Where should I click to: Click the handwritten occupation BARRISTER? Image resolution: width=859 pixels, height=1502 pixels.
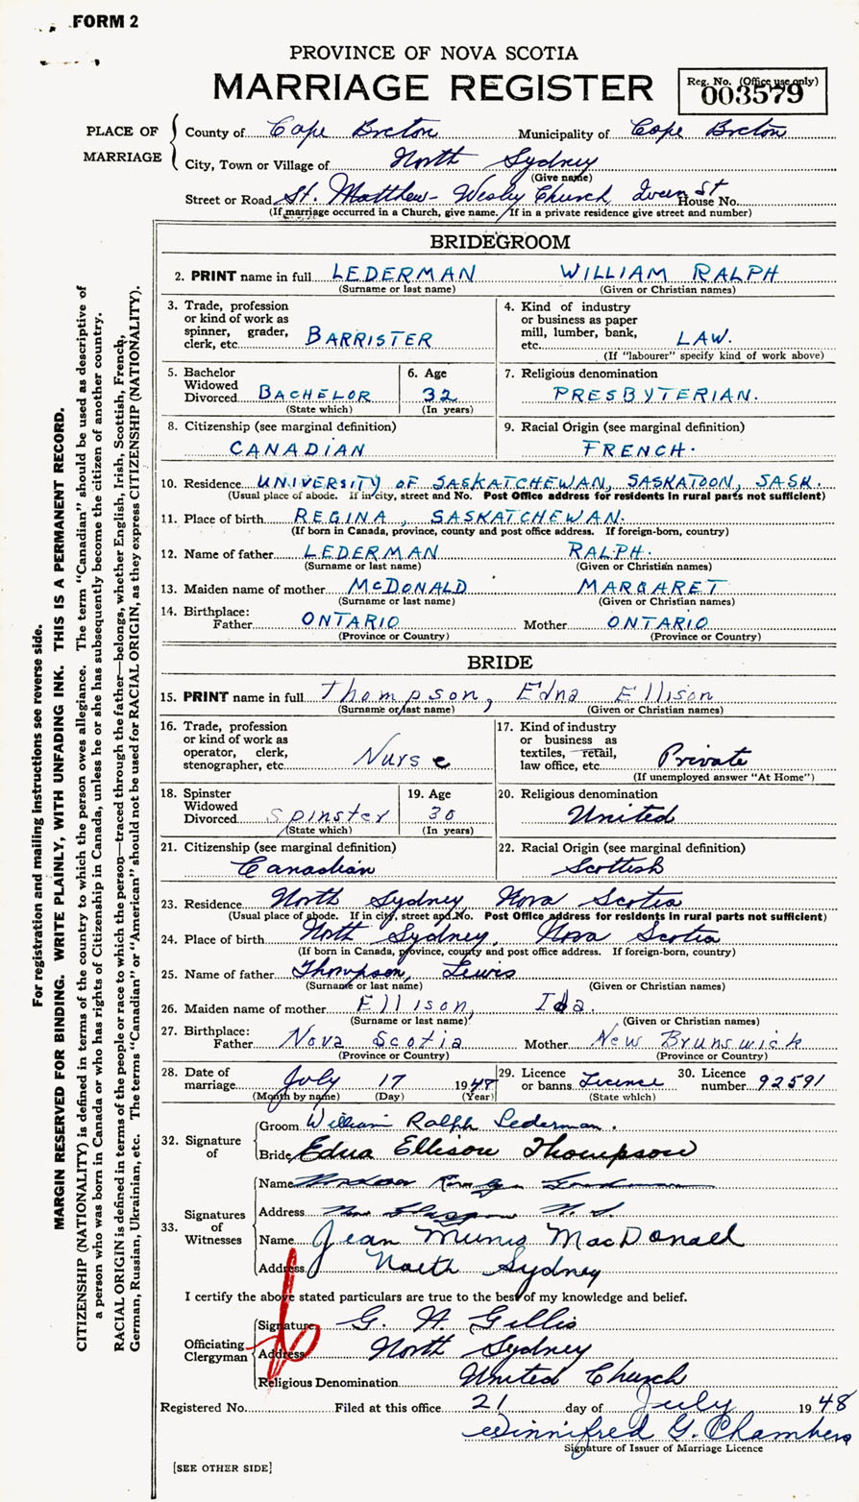point(370,337)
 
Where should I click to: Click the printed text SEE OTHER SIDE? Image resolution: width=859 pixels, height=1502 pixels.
point(222,1467)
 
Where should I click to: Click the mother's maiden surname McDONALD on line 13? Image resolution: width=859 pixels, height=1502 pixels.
point(396,587)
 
